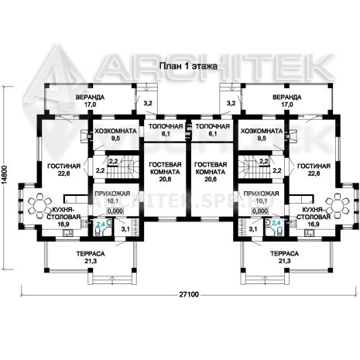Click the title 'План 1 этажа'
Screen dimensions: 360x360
188,67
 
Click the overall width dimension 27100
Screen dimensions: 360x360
189,294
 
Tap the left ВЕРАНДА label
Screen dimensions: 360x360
90,98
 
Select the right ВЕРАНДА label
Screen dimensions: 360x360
287,98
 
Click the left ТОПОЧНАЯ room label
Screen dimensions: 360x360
166,126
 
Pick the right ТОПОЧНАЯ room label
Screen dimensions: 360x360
213,126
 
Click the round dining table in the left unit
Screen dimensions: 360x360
39,206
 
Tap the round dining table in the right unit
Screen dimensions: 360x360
338,206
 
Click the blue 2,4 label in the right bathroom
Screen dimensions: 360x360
276,223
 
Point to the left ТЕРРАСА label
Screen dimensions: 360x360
91,254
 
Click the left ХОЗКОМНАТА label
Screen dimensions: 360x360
115,132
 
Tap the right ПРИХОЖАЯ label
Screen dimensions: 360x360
261,194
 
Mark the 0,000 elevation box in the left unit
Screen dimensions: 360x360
115,211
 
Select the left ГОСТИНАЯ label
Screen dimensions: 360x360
63,166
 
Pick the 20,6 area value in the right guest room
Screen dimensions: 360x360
211,179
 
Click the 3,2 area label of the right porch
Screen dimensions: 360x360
231,104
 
